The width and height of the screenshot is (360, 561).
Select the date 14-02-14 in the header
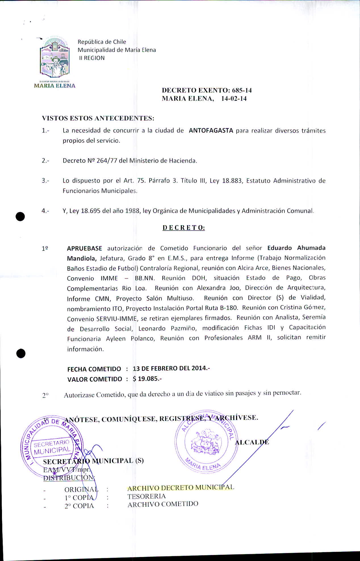tap(234, 99)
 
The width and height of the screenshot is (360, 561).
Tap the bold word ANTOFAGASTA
tap(211, 131)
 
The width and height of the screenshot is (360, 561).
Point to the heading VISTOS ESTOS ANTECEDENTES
tap(98, 118)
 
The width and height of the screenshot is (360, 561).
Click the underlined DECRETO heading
tap(183, 228)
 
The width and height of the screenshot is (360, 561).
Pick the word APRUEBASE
tap(84, 248)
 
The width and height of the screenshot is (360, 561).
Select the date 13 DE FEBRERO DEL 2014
tap(171, 368)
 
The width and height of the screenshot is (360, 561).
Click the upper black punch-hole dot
tap(20, 216)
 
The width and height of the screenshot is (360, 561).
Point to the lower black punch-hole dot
tap(21, 353)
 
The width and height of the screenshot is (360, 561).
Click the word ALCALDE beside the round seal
tap(252, 442)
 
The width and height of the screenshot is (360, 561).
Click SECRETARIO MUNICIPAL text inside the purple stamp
tap(52, 447)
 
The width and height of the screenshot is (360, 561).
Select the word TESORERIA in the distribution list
tap(146, 496)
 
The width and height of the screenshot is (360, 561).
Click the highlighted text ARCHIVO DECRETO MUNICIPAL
tap(181, 488)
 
